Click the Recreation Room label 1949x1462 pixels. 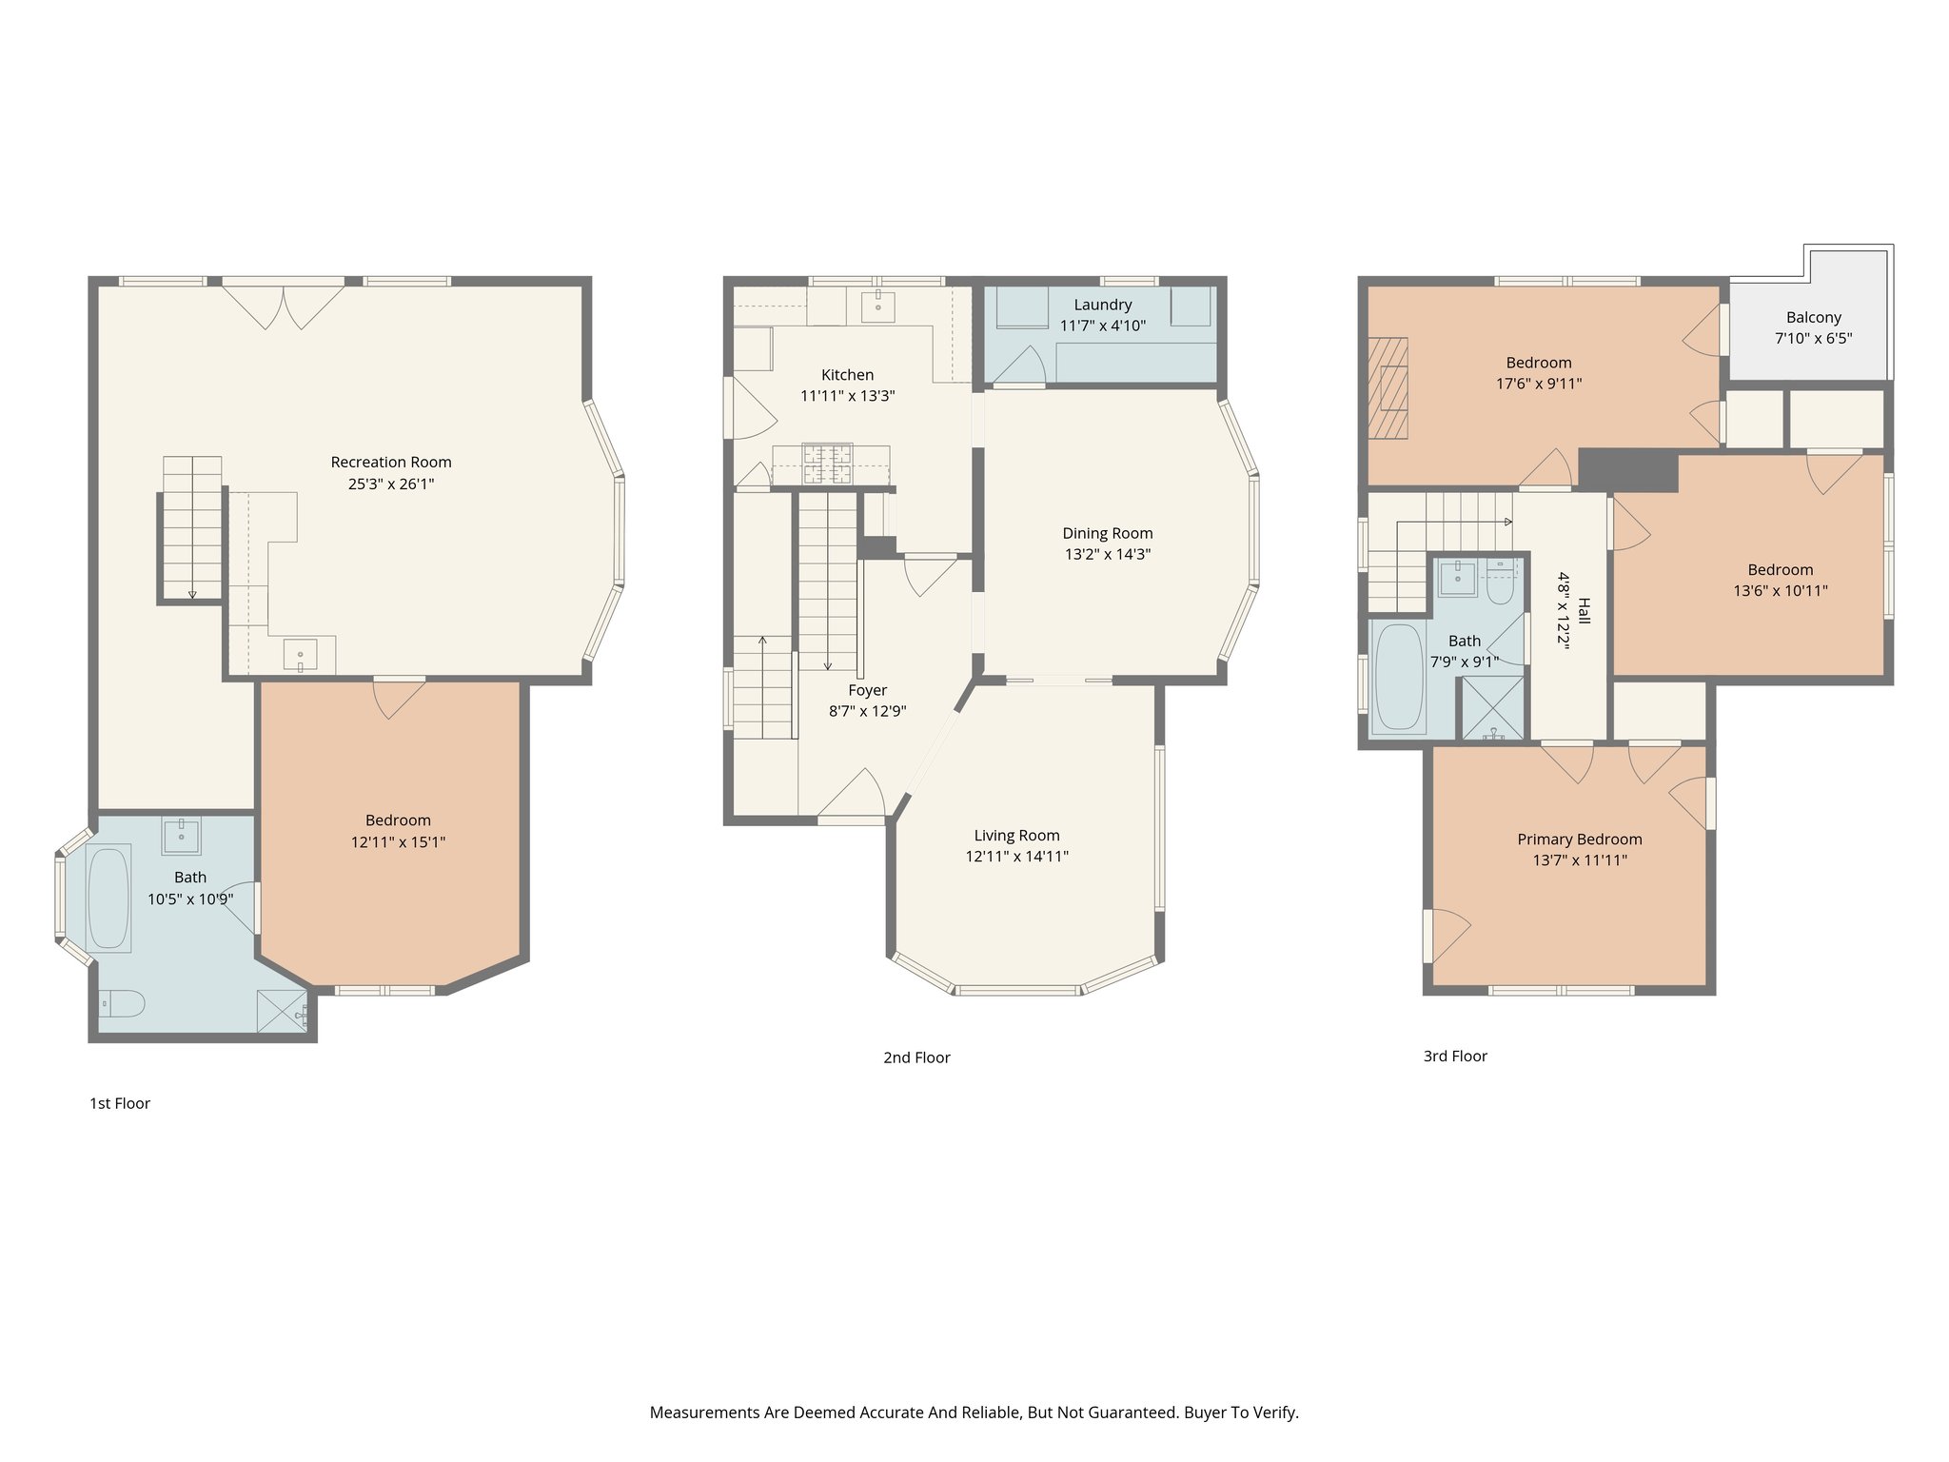[x=391, y=463]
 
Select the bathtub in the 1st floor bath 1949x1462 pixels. [x=108, y=899]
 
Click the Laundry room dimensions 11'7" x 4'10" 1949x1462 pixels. [x=1103, y=326]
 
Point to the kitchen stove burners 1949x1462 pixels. [x=827, y=465]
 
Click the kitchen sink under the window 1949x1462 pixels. [x=877, y=306]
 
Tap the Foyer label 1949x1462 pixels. [x=867, y=690]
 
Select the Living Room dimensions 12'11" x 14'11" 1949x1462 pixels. [x=1016, y=857]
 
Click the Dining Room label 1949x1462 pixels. [x=1107, y=533]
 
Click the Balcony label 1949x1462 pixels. [x=1813, y=317]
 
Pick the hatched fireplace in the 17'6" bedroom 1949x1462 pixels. [x=1388, y=388]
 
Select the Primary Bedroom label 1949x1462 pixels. [x=1579, y=840]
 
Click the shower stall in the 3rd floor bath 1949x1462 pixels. [x=1492, y=707]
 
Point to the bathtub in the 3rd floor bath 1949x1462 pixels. [x=1399, y=677]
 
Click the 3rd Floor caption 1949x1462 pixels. [x=1454, y=1056]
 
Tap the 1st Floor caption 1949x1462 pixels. [x=120, y=1103]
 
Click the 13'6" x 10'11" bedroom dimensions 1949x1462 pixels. [x=1780, y=591]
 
